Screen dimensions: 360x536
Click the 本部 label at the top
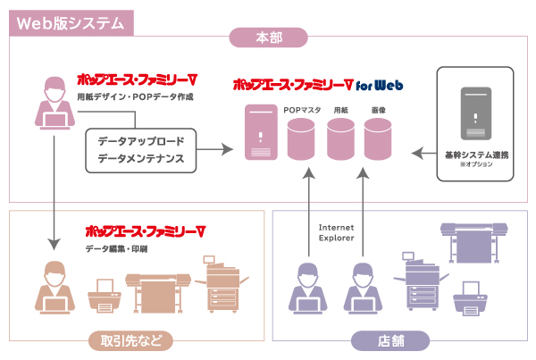pyautogui.click(x=269, y=38)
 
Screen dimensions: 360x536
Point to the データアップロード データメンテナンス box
pyautogui.click(x=141, y=149)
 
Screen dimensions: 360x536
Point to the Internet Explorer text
pyautogui.click(x=337, y=233)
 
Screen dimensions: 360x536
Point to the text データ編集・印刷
pyautogui.click(x=116, y=247)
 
